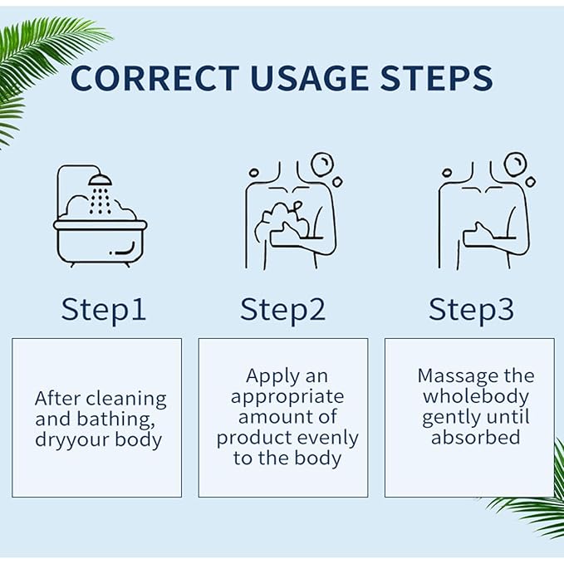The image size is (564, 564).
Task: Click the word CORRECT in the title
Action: click(x=155, y=78)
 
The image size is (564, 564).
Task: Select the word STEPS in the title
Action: click(x=436, y=78)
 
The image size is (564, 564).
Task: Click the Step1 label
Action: click(x=104, y=311)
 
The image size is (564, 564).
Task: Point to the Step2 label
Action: click(x=282, y=311)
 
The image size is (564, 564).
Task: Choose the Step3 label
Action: click(x=471, y=311)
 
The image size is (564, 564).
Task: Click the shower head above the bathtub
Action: click(x=101, y=180)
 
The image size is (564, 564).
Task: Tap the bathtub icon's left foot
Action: click(x=72, y=265)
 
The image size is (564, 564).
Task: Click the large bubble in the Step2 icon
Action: click(x=322, y=164)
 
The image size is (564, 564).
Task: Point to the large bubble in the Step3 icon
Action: click(x=515, y=164)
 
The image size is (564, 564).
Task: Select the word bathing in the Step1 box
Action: click(x=115, y=419)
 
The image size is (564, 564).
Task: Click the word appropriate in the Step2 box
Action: click(x=287, y=398)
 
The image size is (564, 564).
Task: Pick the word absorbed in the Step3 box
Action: click(x=475, y=438)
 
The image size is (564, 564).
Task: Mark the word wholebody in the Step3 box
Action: click(x=476, y=398)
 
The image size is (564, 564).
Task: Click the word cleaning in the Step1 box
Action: click(x=126, y=400)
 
